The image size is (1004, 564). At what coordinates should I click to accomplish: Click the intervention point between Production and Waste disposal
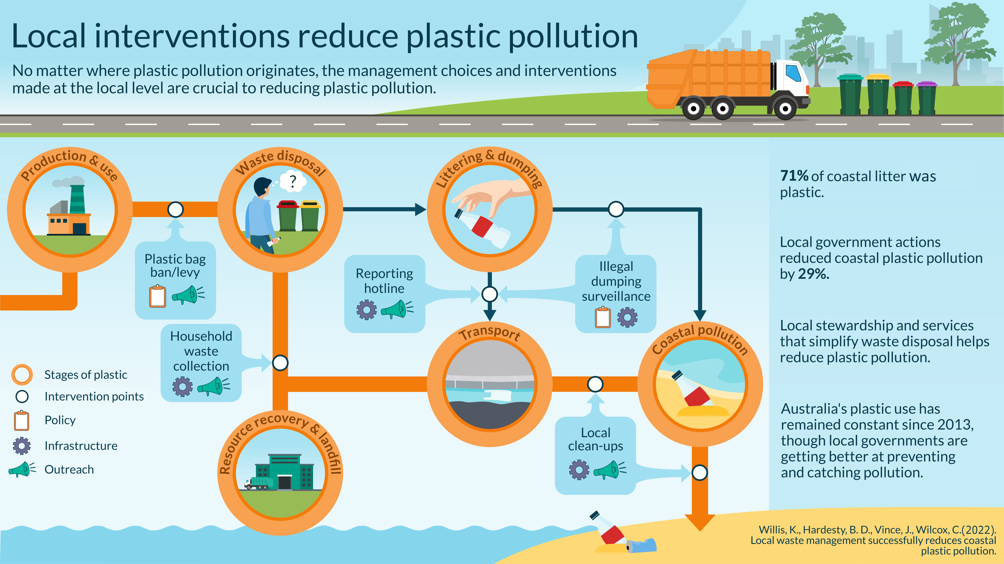coord(175,210)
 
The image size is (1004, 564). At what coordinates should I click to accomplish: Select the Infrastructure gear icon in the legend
coord(22,446)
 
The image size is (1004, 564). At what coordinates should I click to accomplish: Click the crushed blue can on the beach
coord(641,545)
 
